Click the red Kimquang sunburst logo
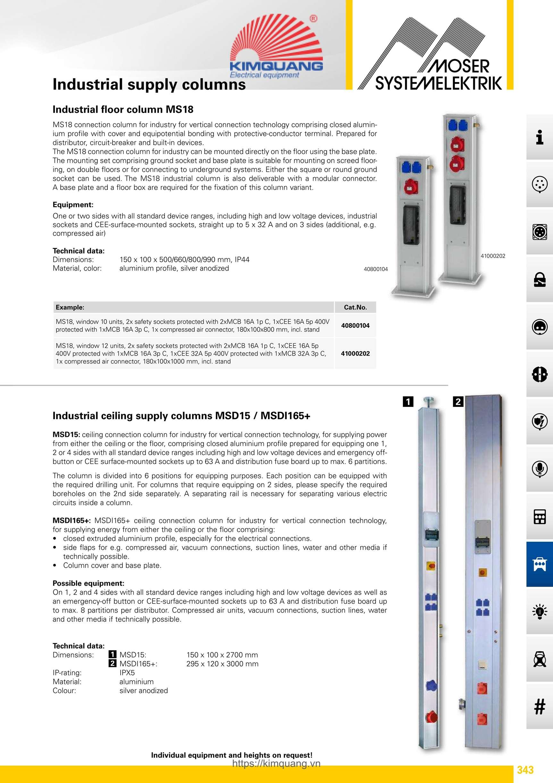tap(276, 46)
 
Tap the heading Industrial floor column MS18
tap(123, 109)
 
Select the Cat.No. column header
tap(355, 307)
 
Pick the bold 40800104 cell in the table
tap(355, 326)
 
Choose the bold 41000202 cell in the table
tap(355, 354)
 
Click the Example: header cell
tap(70, 307)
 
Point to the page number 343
tap(525, 770)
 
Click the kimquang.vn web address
tap(276, 763)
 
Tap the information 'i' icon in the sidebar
tap(539, 137)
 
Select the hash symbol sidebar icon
tap(539, 706)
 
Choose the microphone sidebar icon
tap(539, 469)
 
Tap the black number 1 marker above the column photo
tap(408, 401)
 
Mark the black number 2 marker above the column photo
tap(458, 402)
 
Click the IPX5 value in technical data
tap(127, 673)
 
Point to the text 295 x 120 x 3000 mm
tap(222, 664)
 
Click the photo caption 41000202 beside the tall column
tap(493, 256)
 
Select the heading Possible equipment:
tap(88, 583)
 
